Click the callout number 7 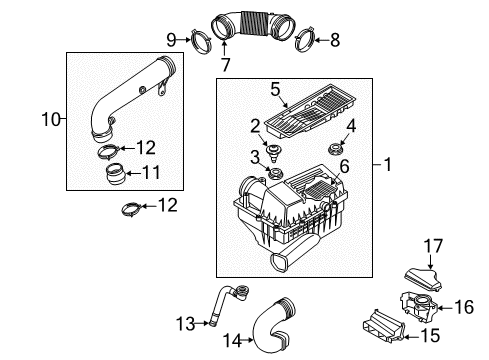click(226, 65)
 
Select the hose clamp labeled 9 click(201, 42)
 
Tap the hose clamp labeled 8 click(305, 40)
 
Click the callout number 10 click(51, 119)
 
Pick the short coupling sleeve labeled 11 click(115, 173)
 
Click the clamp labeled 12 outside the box click(131, 209)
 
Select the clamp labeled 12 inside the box click(109, 152)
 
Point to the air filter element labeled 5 click(310, 111)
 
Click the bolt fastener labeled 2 click(274, 152)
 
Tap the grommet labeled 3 click(275, 173)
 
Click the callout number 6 click(344, 166)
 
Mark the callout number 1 click(387, 164)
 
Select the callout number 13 click(186, 323)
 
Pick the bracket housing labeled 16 click(419, 306)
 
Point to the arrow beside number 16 click(444, 308)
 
